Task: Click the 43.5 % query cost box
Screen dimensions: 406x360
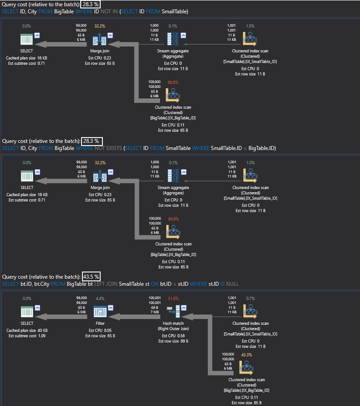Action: (91, 277)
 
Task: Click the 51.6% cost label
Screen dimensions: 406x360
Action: (172, 299)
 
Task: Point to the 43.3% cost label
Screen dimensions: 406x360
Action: (246, 355)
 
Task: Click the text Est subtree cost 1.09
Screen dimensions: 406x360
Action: (27, 336)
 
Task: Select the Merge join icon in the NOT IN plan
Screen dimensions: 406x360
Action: (100, 40)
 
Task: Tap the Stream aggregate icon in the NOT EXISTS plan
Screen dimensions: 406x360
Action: (173, 176)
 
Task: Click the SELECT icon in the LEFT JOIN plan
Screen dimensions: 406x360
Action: (27, 311)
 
